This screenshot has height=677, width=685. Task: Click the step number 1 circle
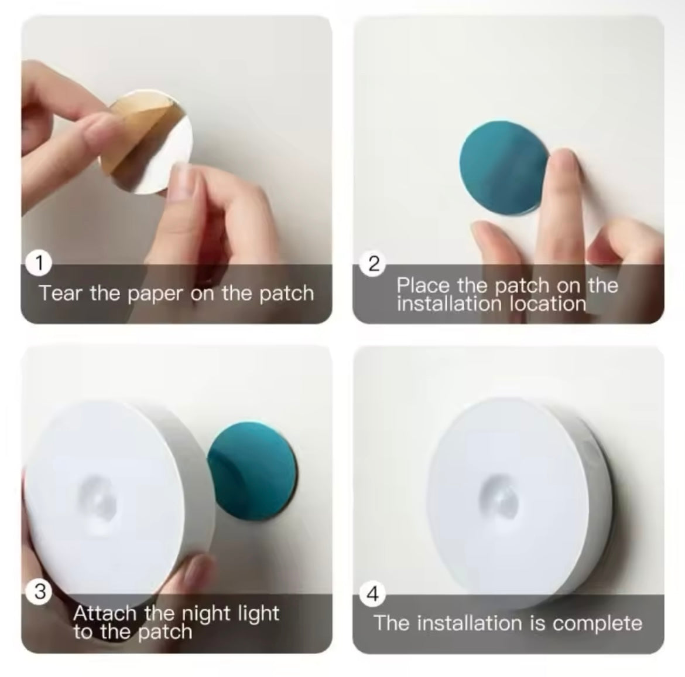click(39, 263)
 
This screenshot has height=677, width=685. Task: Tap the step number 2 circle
click(374, 264)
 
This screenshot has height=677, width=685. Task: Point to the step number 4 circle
click(372, 594)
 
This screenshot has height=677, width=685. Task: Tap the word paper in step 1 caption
click(156, 294)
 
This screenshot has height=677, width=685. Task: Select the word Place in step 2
click(423, 285)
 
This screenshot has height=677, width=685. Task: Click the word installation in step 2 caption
click(449, 304)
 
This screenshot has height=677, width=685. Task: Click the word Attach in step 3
click(105, 614)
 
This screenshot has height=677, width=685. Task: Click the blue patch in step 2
click(504, 168)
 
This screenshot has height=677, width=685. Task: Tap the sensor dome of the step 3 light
click(98, 500)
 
